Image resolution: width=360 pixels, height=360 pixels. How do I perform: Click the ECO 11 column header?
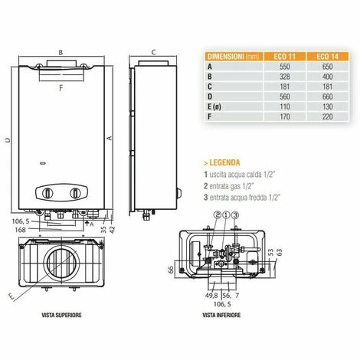[x=284, y=57]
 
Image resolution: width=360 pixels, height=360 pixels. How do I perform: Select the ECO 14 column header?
[x=327, y=57]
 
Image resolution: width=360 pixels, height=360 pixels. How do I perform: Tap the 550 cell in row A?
[x=284, y=67]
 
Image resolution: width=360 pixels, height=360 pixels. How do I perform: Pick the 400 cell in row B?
[x=327, y=77]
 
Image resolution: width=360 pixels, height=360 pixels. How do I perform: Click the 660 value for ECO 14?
[x=327, y=97]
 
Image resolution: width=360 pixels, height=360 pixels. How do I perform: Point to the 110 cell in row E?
[x=284, y=106]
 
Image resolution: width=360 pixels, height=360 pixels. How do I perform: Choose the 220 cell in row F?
[x=327, y=116]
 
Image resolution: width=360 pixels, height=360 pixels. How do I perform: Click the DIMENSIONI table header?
[x=235, y=57]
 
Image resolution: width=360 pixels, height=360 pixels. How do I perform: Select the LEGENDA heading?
[x=222, y=162]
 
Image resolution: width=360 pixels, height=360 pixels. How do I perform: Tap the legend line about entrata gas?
[x=229, y=186]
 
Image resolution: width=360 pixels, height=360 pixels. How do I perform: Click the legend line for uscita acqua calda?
[x=239, y=175]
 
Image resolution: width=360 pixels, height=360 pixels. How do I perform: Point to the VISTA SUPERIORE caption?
[x=61, y=315]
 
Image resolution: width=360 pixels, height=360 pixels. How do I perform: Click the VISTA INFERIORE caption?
[x=221, y=315]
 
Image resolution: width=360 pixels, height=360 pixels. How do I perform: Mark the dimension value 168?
[x=21, y=230]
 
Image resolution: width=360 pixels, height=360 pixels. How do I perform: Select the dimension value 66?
[x=171, y=270]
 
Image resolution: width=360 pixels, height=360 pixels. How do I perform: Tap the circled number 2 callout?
[x=218, y=215]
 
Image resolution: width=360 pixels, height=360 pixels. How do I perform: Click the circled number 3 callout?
[x=235, y=215]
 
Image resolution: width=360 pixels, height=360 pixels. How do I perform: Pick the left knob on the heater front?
[x=47, y=193]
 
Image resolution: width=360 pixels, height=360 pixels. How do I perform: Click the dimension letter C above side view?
[x=153, y=52]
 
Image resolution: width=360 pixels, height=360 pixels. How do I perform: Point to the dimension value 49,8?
[x=211, y=296]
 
